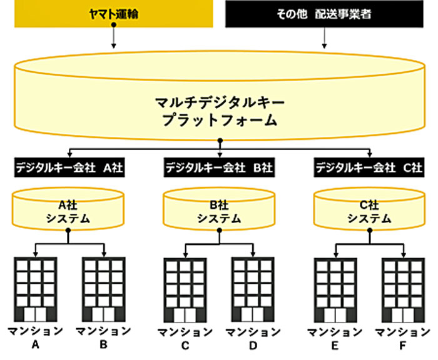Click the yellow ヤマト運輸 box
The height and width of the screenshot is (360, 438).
(114, 14)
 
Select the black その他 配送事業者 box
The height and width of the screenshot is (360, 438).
(324, 14)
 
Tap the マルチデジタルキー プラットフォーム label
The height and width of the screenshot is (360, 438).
(220, 111)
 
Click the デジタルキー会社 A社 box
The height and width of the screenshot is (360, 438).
(69, 167)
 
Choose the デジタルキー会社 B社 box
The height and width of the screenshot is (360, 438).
(219, 167)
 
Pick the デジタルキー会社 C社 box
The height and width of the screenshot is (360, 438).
(369, 167)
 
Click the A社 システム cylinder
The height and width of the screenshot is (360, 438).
(68, 209)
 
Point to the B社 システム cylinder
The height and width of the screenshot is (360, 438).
(219, 209)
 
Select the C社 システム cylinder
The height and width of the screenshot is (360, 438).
(369, 209)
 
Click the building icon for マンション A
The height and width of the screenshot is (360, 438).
(36, 289)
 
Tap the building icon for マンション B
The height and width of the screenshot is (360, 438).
(104, 289)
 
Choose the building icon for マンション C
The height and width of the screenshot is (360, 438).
(185, 290)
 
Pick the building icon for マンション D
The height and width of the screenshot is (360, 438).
(253, 290)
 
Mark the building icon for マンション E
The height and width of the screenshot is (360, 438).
(335, 290)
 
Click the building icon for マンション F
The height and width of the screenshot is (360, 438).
(404, 290)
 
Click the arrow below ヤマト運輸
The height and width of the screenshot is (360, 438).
(113, 36)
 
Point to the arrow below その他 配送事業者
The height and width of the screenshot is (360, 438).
(324, 38)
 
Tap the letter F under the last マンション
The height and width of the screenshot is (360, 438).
(402, 346)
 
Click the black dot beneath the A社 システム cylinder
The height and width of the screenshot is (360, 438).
(68, 231)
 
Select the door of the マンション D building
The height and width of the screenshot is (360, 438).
(253, 315)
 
